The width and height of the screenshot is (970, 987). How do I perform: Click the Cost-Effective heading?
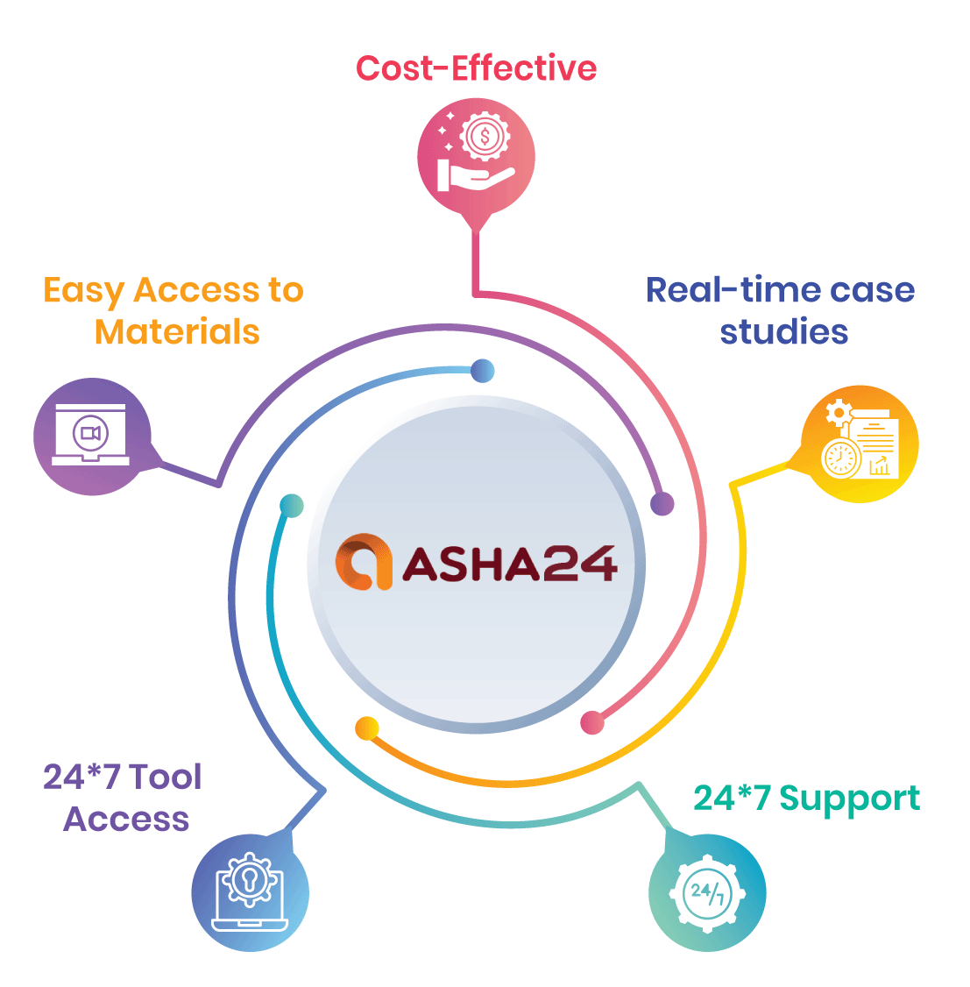476,68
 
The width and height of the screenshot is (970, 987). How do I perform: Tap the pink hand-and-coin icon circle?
476,155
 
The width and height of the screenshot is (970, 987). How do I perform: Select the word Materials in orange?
177,331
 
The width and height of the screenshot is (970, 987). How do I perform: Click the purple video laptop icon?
91,436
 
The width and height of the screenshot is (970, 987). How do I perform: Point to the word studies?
783,332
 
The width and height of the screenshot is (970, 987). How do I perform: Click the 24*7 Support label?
806,799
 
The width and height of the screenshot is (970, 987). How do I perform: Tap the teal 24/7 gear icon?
707,893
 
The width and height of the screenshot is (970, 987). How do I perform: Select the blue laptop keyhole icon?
250,892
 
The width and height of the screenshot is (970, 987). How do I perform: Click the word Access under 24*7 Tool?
126,819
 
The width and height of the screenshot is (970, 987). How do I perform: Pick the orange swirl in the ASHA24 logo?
364,562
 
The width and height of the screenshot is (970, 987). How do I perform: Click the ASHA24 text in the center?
509,564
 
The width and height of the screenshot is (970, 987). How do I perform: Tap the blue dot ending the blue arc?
482,371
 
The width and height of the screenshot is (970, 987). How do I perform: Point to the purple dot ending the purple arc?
662,503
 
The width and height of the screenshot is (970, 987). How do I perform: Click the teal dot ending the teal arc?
292,506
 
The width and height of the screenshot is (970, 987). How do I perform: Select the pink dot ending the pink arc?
592,722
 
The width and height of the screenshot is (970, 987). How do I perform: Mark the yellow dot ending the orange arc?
366,728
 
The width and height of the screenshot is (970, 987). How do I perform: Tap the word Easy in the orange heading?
83,291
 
